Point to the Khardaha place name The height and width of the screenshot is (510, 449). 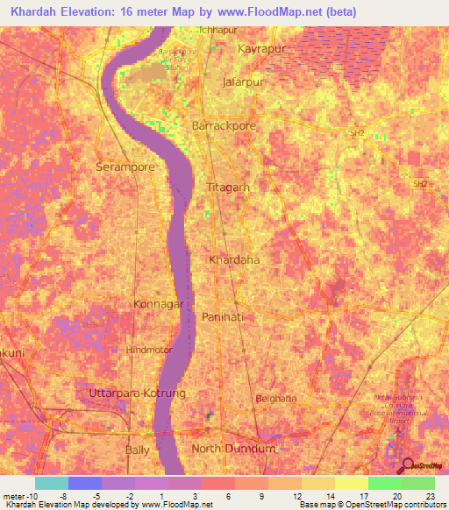[234, 260]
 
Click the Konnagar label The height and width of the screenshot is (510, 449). [159, 304]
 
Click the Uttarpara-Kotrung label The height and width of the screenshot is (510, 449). [138, 394]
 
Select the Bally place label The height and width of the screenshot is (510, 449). [138, 449]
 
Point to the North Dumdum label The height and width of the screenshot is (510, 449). [233, 449]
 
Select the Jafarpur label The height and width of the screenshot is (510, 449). [243, 82]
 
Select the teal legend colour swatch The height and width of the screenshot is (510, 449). [52, 483]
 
